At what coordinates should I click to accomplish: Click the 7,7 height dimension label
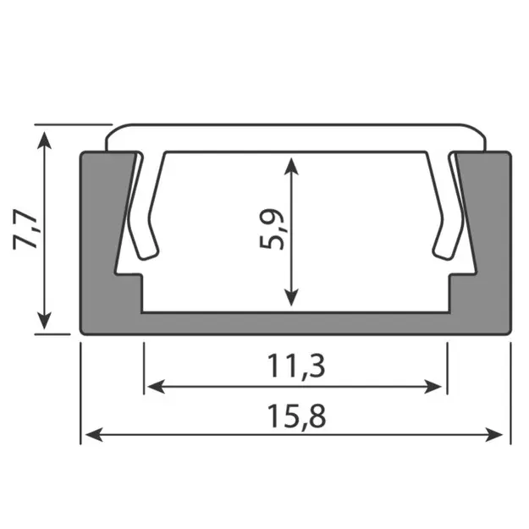pos(27,229)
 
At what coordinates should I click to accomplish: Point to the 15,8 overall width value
pos(295,416)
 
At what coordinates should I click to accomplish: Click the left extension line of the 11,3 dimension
pos(144,364)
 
